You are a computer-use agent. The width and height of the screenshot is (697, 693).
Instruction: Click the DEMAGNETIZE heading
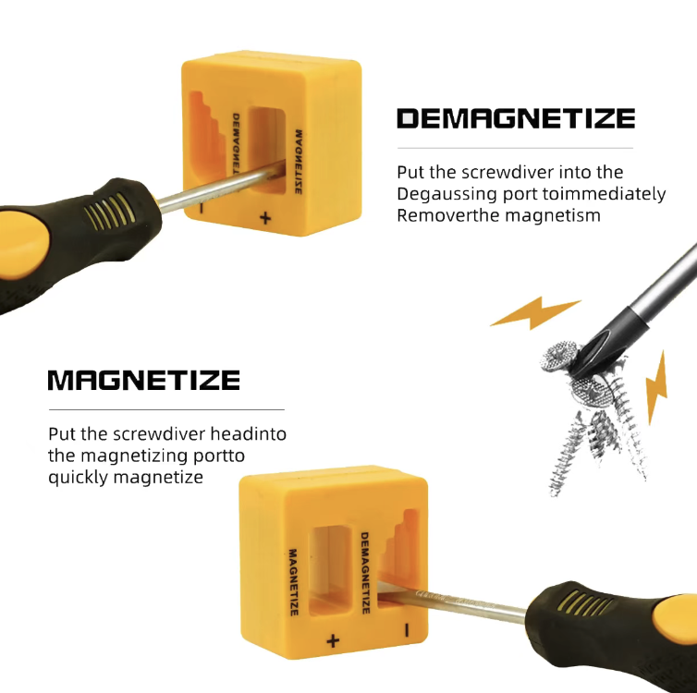pos(516,118)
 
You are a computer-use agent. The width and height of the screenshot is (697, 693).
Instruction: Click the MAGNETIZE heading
pos(144,381)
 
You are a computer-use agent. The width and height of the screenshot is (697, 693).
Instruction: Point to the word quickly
pos(79,478)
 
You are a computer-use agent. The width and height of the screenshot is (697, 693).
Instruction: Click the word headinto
pos(248,433)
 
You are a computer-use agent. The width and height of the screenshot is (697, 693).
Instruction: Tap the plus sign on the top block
pos(265,218)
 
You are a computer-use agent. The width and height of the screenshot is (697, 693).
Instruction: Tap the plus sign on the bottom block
pos(333,640)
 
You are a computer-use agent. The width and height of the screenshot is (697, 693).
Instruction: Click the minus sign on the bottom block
pos(407,630)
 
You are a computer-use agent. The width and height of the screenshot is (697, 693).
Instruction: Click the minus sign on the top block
pos(202,208)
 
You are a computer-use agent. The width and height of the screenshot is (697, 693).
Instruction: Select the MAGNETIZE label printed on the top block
pos(299,162)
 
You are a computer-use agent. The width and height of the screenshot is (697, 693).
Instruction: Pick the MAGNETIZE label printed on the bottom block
pos(293,582)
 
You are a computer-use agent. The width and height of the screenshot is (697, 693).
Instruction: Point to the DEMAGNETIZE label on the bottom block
pos(365,573)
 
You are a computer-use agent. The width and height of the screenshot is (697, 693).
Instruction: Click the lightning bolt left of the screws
pos(535,312)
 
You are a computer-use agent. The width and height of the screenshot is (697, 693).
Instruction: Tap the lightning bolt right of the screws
pos(656,387)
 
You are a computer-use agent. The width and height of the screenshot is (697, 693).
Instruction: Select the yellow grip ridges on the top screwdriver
pos(110,211)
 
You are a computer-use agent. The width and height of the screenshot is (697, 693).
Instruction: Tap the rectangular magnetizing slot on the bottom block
pos(330,571)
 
